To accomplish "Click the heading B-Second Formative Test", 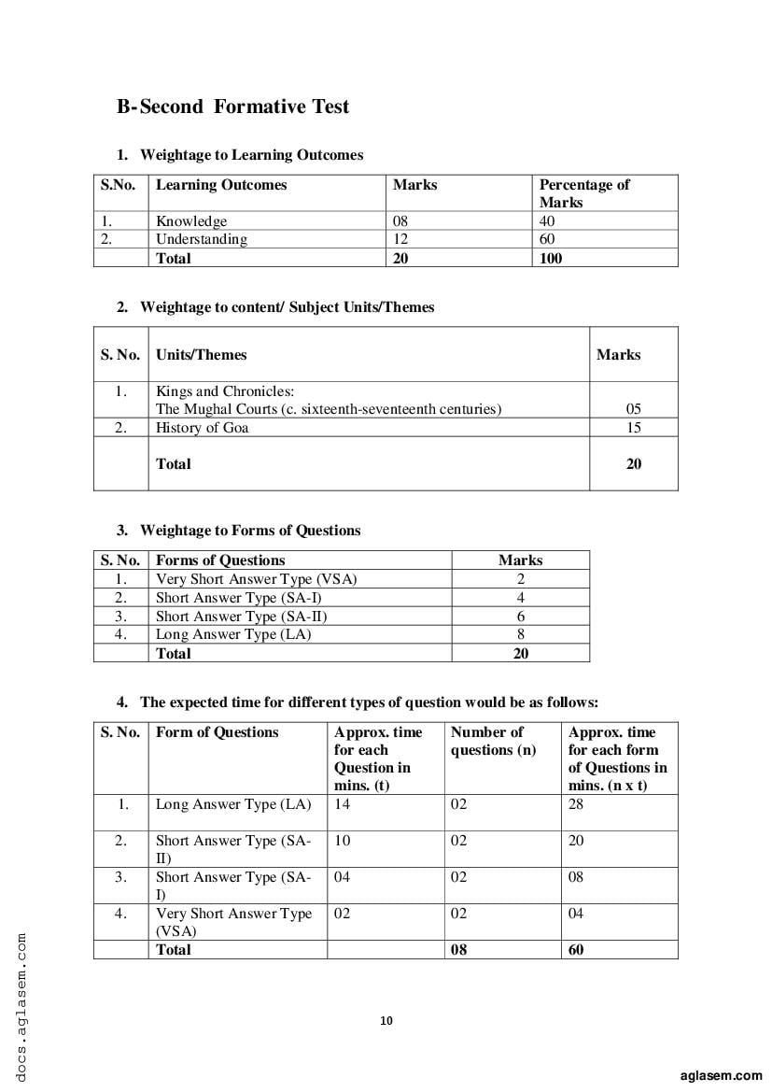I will pos(232,106).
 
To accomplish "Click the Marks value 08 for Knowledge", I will pos(400,221).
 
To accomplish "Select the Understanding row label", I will pos(202,239).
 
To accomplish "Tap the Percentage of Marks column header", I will pos(584,192).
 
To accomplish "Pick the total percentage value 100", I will pos(551,258).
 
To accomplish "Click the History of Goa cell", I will pos(203,428).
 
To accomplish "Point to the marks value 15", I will pos(634,428).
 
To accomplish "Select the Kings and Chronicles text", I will pos(225,391).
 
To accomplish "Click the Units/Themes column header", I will pos(202,355).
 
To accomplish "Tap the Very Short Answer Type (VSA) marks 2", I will pos(521,579).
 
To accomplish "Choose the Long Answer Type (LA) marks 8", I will pos(521,634).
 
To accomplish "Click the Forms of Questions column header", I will pos(220,560).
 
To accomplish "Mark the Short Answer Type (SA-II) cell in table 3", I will pos(242,617).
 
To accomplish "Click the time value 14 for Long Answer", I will pos(343,804).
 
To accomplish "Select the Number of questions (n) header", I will pos(493,741).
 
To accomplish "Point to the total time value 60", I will pos(576,950).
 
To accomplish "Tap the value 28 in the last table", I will pos(576,804).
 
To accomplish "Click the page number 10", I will pos(386,1020).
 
